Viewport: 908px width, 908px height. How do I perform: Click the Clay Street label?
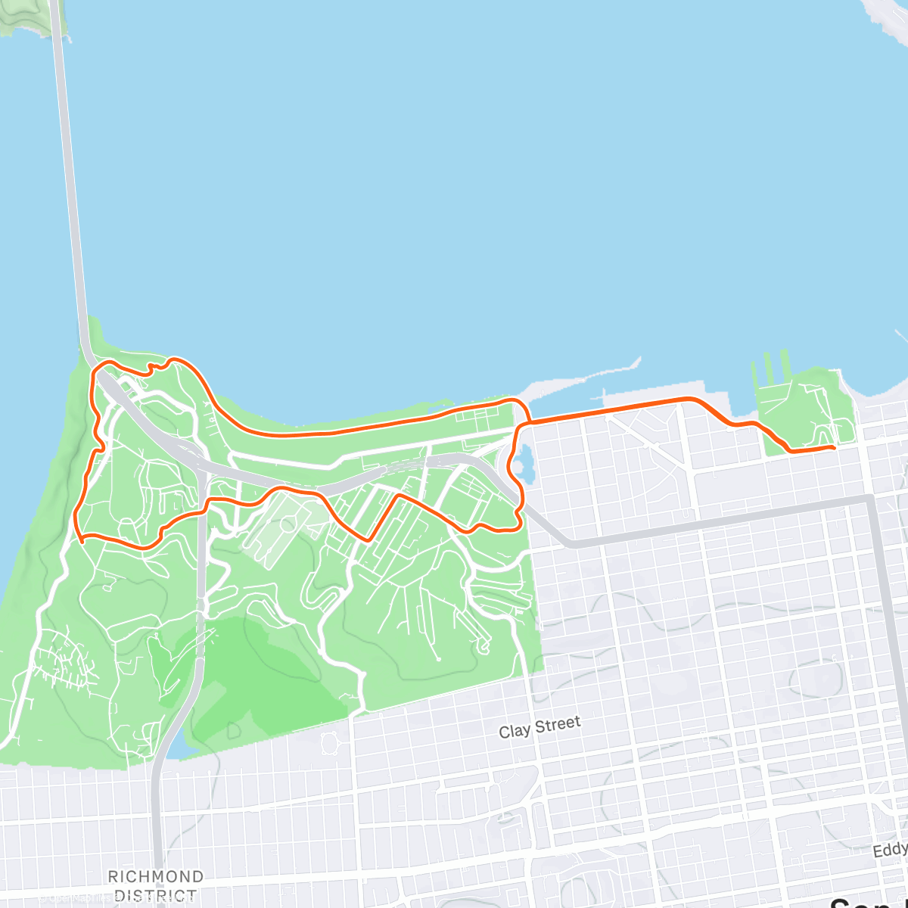(x=540, y=727)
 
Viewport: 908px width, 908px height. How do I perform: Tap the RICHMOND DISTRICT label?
(x=155, y=885)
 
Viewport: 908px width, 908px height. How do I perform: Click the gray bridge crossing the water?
(x=69, y=189)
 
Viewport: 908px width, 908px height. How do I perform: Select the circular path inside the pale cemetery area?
(x=287, y=524)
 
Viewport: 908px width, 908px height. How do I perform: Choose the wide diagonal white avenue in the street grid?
(x=643, y=443)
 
